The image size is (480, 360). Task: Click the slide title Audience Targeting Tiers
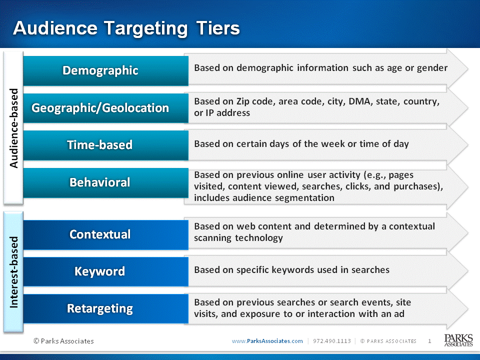126,28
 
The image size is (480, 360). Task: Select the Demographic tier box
105,70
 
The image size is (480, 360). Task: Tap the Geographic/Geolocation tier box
105,108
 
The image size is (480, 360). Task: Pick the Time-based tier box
105,145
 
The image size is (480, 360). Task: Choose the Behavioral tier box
105,183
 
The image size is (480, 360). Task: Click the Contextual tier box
105,235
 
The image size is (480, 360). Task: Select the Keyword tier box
105,271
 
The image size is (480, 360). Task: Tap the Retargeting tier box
105,308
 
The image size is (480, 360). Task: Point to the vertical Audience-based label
14,128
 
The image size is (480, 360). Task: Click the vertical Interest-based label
14,272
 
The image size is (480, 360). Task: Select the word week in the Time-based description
333,143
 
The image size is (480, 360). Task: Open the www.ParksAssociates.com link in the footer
267,341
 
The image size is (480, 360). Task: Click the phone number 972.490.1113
332,341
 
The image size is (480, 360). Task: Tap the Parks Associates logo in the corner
458,340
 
